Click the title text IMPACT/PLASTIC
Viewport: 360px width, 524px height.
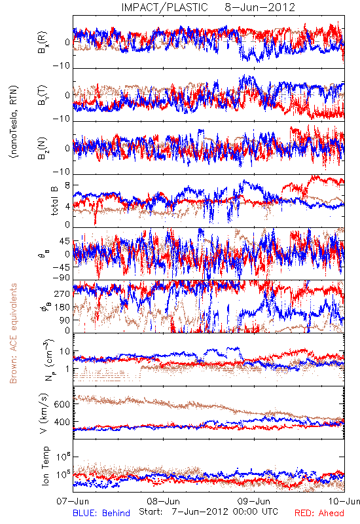coord(165,7)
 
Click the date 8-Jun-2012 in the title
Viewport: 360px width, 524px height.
coord(260,7)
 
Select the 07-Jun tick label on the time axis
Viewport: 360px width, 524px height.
coord(73,501)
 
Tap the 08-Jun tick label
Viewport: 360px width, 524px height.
coord(163,501)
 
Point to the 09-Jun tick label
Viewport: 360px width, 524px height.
coord(254,501)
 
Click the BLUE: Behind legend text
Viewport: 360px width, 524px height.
coord(101,513)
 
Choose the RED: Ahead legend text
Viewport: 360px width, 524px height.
coord(319,513)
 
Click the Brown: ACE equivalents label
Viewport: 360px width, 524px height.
coord(13,333)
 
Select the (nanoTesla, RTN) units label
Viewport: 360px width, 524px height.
coord(14,122)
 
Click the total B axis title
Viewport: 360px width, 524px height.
coord(54,200)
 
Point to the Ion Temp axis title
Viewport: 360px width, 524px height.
coord(45,466)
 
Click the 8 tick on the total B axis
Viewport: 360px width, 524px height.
coord(67,185)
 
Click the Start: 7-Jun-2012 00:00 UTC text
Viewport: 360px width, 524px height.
coord(208,512)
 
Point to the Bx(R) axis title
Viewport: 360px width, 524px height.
coord(43,43)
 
